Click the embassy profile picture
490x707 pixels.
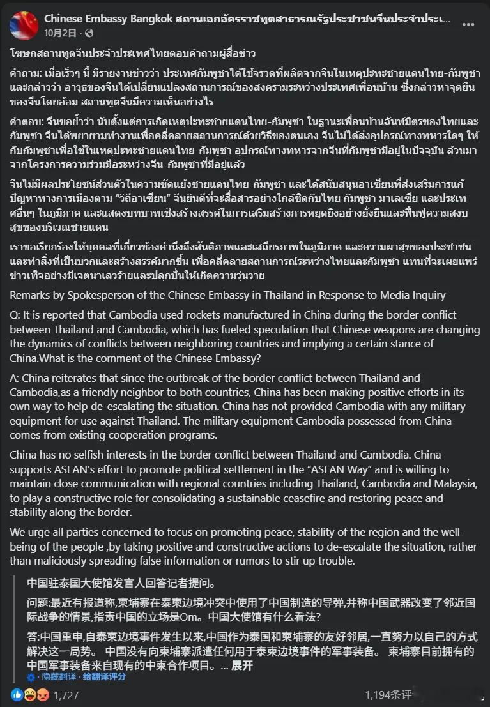point(23,25)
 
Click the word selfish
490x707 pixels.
point(111,455)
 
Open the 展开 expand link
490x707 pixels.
point(242,665)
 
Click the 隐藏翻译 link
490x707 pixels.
point(59,677)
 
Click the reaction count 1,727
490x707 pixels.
point(66,694)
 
